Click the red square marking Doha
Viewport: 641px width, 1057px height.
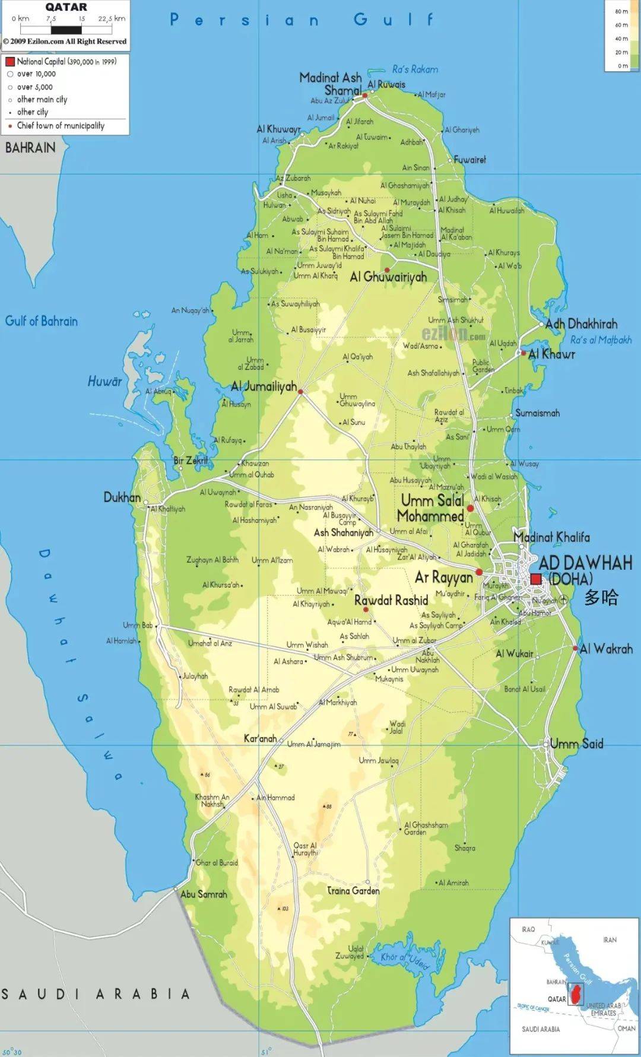(536, 579)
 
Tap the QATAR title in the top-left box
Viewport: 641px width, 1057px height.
(66, 7)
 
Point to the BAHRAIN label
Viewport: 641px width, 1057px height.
(30, 147)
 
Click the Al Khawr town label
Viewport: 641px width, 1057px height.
(551, 354)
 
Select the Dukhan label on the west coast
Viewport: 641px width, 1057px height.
(122, 497)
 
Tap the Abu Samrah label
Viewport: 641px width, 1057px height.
(204, 894)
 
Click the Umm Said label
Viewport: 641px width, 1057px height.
(576, 744)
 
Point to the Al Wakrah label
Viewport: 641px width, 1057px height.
(606, 649)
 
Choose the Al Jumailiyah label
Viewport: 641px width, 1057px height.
(264, 386)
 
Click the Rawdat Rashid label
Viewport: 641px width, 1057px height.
(391, 600)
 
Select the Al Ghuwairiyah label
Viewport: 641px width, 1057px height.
(388, 277)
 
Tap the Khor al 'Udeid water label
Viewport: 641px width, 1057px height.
(404, 960)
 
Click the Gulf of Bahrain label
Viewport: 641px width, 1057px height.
(42, 321)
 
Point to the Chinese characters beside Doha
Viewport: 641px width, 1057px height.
(601, 597)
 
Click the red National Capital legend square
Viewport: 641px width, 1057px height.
(10, 62)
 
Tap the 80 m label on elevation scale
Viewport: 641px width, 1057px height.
(621, 11)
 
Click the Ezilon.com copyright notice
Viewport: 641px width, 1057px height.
(65, 42)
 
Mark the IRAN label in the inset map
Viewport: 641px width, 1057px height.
(610, 939)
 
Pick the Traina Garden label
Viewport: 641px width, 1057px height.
(353, 890)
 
